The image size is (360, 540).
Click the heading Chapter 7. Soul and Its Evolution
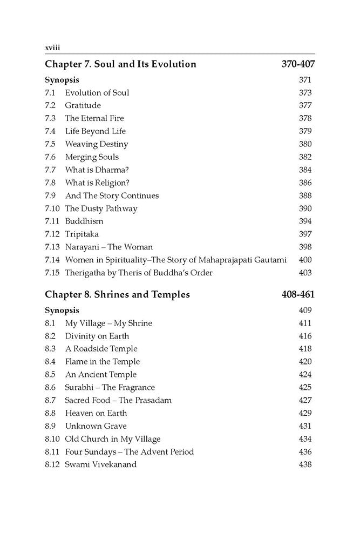(x=120, y=64)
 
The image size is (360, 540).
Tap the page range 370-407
(x=298, y=64)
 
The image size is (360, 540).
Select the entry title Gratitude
(x=83, y=105)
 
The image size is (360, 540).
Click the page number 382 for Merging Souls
(x=305, y=157)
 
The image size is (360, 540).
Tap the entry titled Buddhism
(x=84, y=221)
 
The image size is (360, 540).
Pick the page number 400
(x=305, y=260)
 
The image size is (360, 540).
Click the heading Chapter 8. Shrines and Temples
(x=117, y=295)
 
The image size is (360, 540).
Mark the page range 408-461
(x=298, y=295)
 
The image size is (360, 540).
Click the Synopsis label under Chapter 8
(x=62, y=310)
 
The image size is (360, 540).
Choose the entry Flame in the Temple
(x=102, y=362)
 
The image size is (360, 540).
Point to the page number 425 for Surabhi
(x=305, y=387)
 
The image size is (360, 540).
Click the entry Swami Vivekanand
(x=101, y=464)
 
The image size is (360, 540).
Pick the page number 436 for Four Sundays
(x=305, y=451)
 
